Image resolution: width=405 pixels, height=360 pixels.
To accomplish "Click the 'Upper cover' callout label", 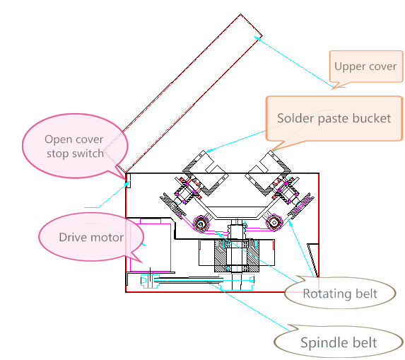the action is point(365,66).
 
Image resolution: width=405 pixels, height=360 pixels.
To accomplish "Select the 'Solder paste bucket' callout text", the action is point(334,119).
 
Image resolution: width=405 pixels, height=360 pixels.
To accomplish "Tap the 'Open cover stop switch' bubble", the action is point(75,146).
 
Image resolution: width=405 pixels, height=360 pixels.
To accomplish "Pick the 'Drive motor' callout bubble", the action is point(91,237).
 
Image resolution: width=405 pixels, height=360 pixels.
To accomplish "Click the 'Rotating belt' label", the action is point(340,294).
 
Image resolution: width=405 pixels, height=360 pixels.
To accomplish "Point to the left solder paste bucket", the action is point(206,173).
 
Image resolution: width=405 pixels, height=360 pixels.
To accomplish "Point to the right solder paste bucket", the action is point(268,173).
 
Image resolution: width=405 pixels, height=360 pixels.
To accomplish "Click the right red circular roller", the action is point(274,222).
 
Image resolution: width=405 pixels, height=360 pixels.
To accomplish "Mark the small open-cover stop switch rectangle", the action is point(128,180).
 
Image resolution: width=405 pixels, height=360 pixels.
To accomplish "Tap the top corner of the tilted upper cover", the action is point(241,14).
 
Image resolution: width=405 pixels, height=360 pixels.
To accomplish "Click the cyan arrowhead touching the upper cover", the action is point(257,38).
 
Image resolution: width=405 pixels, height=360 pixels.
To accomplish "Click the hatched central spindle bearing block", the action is point(236,256).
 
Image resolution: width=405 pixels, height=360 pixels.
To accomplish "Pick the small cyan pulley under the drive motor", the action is point(150,281).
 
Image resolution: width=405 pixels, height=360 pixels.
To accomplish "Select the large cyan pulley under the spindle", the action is point(236,281).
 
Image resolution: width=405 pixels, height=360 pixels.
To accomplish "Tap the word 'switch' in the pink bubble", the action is point(88,153).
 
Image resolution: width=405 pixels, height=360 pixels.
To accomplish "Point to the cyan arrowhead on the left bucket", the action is point(209,150).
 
